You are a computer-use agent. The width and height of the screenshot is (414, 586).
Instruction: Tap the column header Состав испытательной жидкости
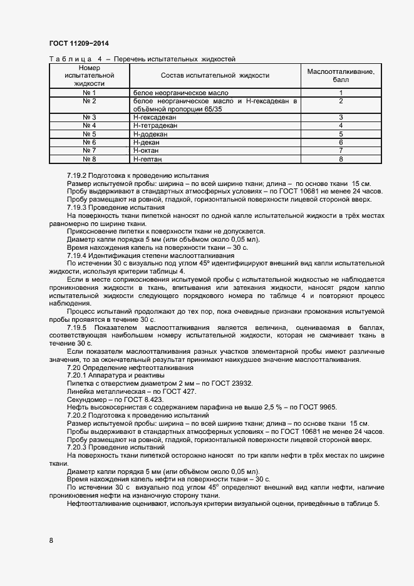[x=215, y=75]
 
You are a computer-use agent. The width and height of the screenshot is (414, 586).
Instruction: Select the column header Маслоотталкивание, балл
[x=341, y=76]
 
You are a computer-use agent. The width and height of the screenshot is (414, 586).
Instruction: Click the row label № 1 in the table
[x=89, y=93]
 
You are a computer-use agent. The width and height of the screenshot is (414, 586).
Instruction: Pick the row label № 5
[x=89, y=134]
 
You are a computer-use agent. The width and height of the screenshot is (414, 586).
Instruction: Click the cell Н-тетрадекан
[x=155, y=126]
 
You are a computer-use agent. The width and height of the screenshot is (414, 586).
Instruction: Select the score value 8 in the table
[x=341, y=160]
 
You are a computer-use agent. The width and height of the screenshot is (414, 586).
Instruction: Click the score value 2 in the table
[x=341, y=101]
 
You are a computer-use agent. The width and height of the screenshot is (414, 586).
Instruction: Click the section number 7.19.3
[x=79, y=207]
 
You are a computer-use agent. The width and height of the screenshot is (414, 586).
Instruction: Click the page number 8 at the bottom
[x=51, y=540]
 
